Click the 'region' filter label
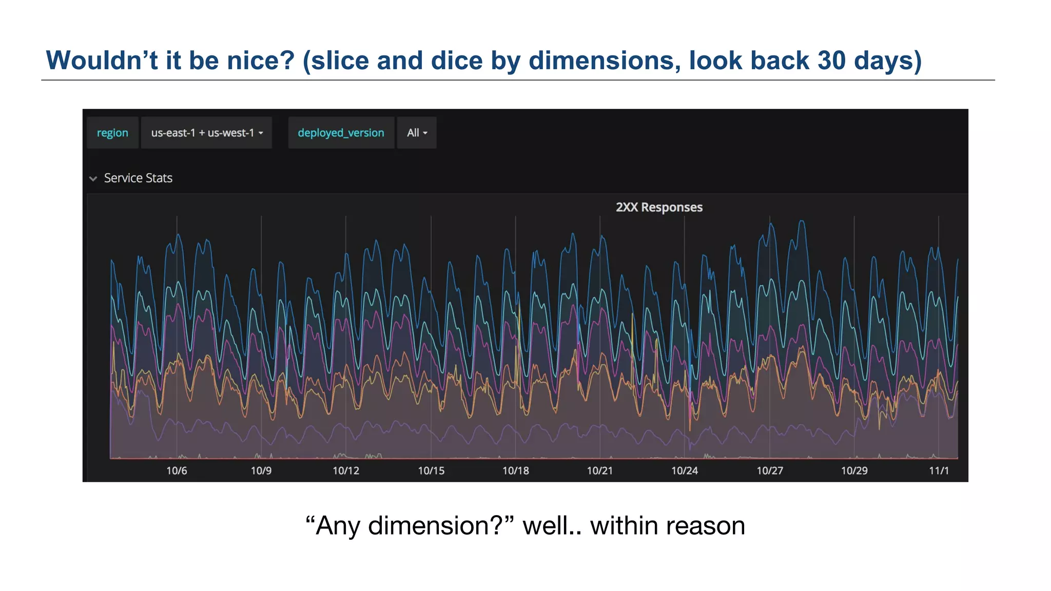click(112, 133)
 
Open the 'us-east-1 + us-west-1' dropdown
click(206, 133)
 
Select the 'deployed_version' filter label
click(341, 133)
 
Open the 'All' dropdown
click(417, 133)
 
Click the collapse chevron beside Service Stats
click(93, 179)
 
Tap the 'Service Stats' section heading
click(138, 178)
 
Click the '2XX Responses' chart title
click(659, 207)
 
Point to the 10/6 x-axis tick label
click(177, 470)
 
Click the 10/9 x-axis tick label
click(261, 470)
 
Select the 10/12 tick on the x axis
click(346, 470)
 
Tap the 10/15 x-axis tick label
click(431, 470)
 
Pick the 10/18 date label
click(515, 470)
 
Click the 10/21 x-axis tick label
click(600, 470)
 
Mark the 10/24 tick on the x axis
click(685, 470)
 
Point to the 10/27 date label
click(770, 470)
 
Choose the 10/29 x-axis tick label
click(854, 470)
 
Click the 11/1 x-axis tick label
click(939, 470)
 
